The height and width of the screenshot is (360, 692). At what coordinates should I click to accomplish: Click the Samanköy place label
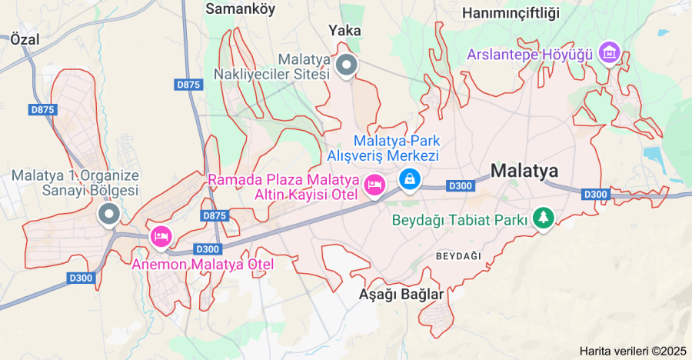[x=241, y=8]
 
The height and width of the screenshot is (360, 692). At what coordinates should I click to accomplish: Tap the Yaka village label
[x=344, y=31]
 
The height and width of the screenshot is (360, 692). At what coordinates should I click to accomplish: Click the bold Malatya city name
[x=524, y=170]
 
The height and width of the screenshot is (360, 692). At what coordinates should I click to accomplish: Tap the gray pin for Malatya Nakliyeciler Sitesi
[x=347, y=65]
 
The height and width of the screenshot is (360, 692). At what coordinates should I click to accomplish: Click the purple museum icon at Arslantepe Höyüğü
[x=610, y=52]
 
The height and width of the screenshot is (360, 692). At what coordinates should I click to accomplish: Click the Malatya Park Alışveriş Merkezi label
[x=384, y=148]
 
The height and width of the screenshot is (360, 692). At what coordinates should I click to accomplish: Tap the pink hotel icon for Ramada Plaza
[x=374, y=185]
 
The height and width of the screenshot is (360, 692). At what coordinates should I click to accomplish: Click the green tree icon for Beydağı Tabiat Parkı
[x=544, y=218]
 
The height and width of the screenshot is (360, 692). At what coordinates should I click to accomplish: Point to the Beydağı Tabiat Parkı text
[x=460, y=220]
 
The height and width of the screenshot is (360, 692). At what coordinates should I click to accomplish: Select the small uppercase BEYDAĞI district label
[x=457, y=255]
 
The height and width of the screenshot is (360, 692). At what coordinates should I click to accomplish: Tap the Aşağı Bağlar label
[x=401, y=295]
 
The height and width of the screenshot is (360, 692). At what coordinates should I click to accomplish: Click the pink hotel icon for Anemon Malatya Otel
[x=161, y=235]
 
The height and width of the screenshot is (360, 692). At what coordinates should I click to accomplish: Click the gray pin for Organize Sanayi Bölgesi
[x=108, y=213]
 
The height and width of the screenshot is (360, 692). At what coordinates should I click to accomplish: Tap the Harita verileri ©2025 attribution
[x=633, y=351]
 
